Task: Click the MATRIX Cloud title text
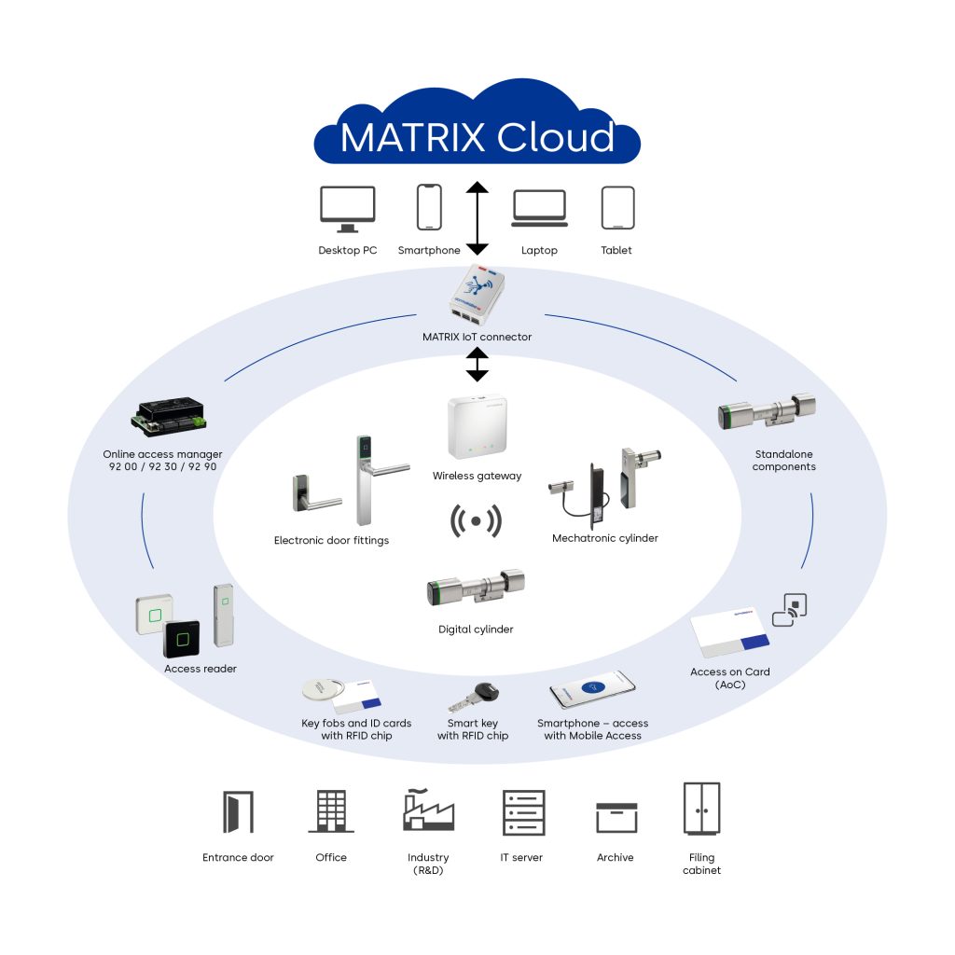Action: pos(477,137)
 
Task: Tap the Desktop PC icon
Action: pos(347,209)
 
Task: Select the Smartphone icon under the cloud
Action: pos(429,206)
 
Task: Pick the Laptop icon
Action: pos(539,208)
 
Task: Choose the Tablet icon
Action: pos(617,207)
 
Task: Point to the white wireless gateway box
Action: pos(477,428)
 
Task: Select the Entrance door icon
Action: pos(237,811)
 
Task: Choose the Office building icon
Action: pos(331,811)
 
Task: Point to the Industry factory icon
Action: pos(428,810)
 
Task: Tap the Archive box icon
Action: pos(616,817)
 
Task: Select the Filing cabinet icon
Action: pos(701,809)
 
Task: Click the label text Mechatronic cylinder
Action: pos(605,538)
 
